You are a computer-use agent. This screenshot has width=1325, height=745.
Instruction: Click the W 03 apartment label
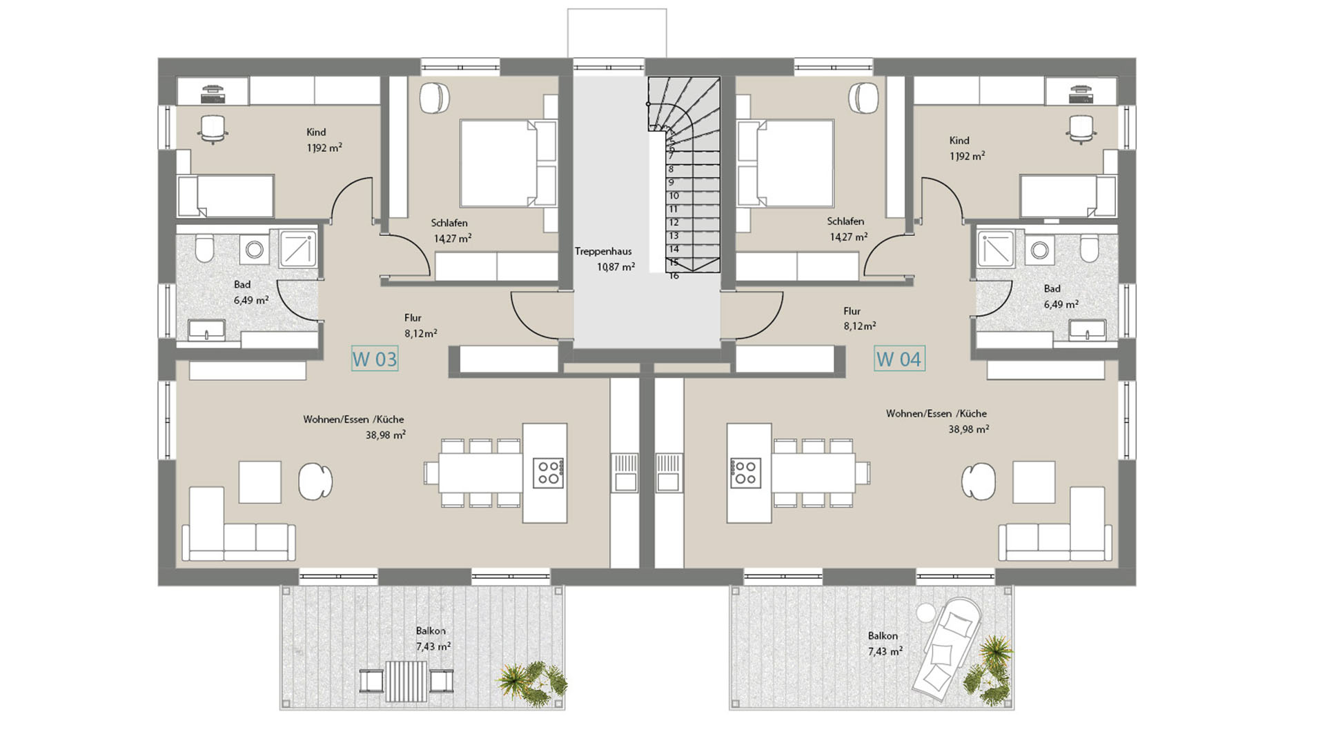click(x=375, y=359)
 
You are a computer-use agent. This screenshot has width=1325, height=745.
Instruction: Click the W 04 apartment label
click(x=899, y=359)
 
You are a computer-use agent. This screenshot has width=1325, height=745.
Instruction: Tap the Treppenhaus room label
click(x=603, y=252)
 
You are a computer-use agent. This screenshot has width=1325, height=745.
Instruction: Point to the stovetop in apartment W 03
click(x=549, y=473)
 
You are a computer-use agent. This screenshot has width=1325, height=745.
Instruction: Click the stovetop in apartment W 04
click(x=745, y=473)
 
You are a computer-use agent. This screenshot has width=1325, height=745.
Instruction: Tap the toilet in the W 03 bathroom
click(x=204, y=249)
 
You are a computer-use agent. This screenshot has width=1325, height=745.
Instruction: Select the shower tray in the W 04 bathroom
click(x=996, y=248)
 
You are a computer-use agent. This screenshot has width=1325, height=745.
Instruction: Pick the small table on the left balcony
click(x=406, y=681)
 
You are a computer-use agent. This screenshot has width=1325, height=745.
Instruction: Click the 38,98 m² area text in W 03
click(x=386, y=435)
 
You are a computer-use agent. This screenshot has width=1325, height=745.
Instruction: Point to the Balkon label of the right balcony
click(x=883, y=636)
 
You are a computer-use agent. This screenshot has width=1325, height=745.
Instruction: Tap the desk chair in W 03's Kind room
click(x=213, y=129)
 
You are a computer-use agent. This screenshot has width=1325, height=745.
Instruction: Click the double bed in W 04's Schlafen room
click(x=785, y=163)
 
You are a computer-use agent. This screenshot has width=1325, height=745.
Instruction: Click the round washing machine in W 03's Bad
click(x=255, y=249)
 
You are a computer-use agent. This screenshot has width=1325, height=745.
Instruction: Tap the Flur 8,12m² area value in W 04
click(x=860, y=326)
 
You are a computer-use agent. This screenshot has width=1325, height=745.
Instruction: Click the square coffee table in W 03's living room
click(x=260, y=482)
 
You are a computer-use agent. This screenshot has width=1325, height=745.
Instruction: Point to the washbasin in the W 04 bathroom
click(x=1088, y=330)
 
